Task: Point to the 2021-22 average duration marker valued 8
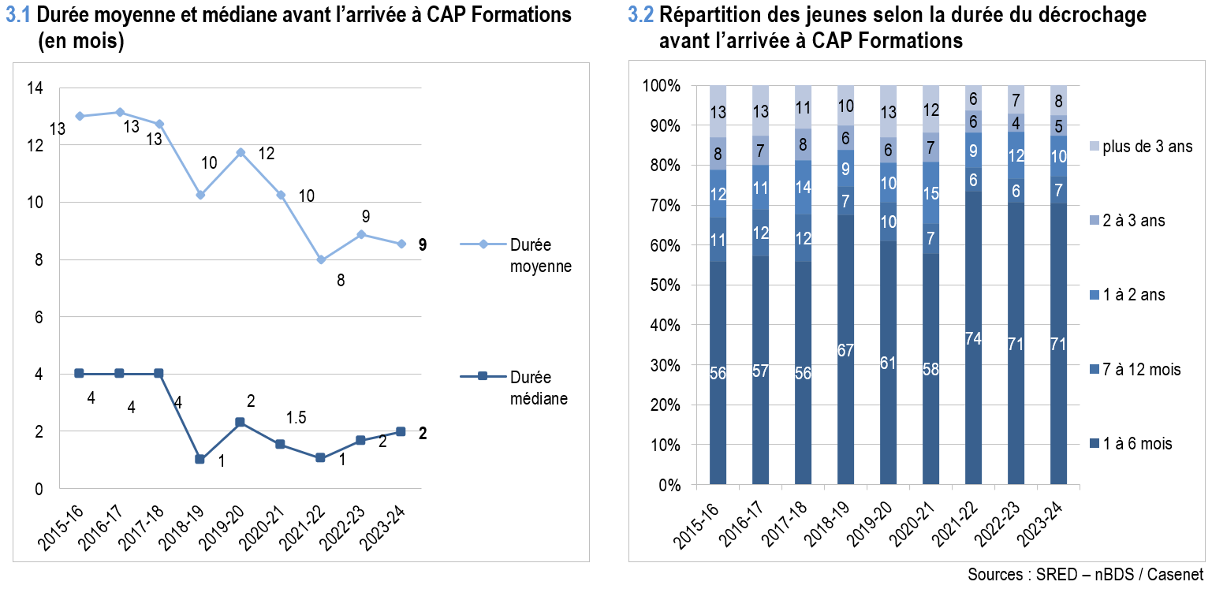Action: coord(321,259)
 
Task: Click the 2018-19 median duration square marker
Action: coord(200,459)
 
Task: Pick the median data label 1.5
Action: coord(296,417)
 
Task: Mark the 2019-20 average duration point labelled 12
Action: coord(240,152)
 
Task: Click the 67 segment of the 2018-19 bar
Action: coord(845,349)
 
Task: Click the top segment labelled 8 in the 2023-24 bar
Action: coord(1058,100)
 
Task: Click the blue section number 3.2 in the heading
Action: coord(641,15)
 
